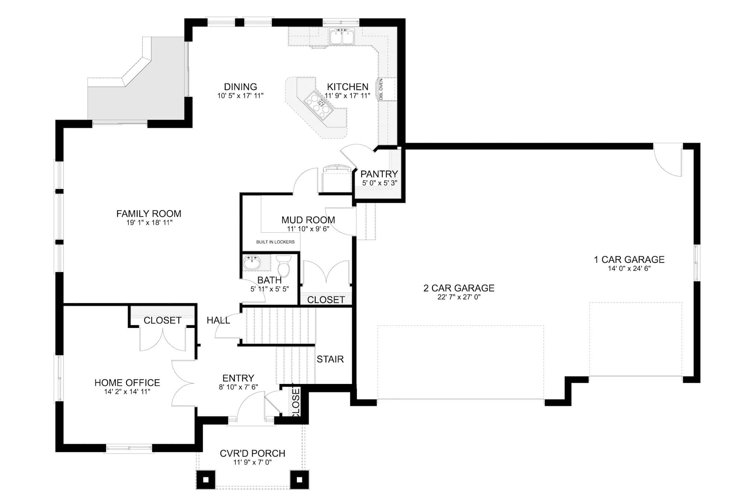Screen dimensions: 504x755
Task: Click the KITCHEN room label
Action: tap(347, 87)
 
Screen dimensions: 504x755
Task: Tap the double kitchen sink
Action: tap(342, 37)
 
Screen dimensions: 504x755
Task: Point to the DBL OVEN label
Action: tap(381, 89)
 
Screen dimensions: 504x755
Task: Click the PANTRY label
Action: tap(379, 174)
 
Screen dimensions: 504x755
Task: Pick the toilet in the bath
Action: tap(283, 266)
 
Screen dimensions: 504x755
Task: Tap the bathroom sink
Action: tap(252, 263)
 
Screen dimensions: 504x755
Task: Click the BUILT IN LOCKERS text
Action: tap(275, 242)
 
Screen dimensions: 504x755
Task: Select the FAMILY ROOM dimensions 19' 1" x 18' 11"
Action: tap(149, 223)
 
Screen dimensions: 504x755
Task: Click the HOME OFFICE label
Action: tap(127, 383)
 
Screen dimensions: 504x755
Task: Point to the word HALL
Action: tap(218, 320)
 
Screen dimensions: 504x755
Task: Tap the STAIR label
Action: tap(330, 359)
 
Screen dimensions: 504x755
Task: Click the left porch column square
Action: tap(206, 480)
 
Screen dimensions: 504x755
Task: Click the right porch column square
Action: tap(299, 480)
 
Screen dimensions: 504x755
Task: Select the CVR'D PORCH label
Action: tap(253, 453)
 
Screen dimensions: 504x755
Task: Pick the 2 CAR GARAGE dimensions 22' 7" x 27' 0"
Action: tap(459, 297)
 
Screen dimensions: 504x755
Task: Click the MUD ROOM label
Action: tap(308, 220)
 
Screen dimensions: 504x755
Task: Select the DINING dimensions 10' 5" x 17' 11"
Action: tap(240, 96)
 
